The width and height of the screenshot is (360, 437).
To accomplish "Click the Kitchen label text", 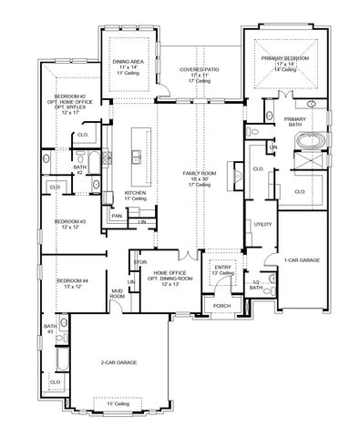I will coord(135,194).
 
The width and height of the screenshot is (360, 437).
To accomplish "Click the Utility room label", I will coord(263,223).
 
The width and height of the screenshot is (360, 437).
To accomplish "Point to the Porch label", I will coord(221,306).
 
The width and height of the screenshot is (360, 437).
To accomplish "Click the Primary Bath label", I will coord(294,121).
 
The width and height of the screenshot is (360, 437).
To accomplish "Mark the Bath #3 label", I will coord(50,327).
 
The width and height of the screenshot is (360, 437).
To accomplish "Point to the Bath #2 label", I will coord(80,168).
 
